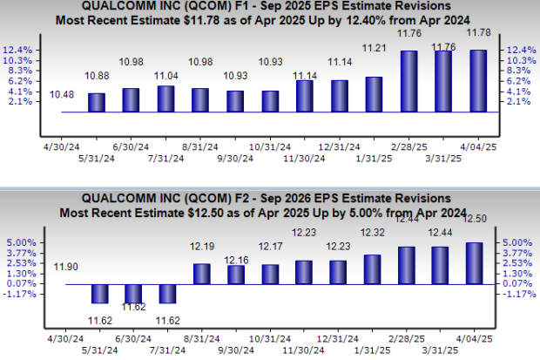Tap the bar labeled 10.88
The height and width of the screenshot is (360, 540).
coord(96,102)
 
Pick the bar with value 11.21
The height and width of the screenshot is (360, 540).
coord(374,94)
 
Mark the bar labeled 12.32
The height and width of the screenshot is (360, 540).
coord(374,269)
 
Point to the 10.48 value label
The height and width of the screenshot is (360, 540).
coord(61,94)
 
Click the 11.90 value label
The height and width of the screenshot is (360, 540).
coord(61,266)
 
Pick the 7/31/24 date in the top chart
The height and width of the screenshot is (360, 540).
coord(165,158)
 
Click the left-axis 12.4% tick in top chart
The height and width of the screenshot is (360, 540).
coord(22,51)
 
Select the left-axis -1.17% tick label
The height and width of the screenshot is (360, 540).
coord(19,294)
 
